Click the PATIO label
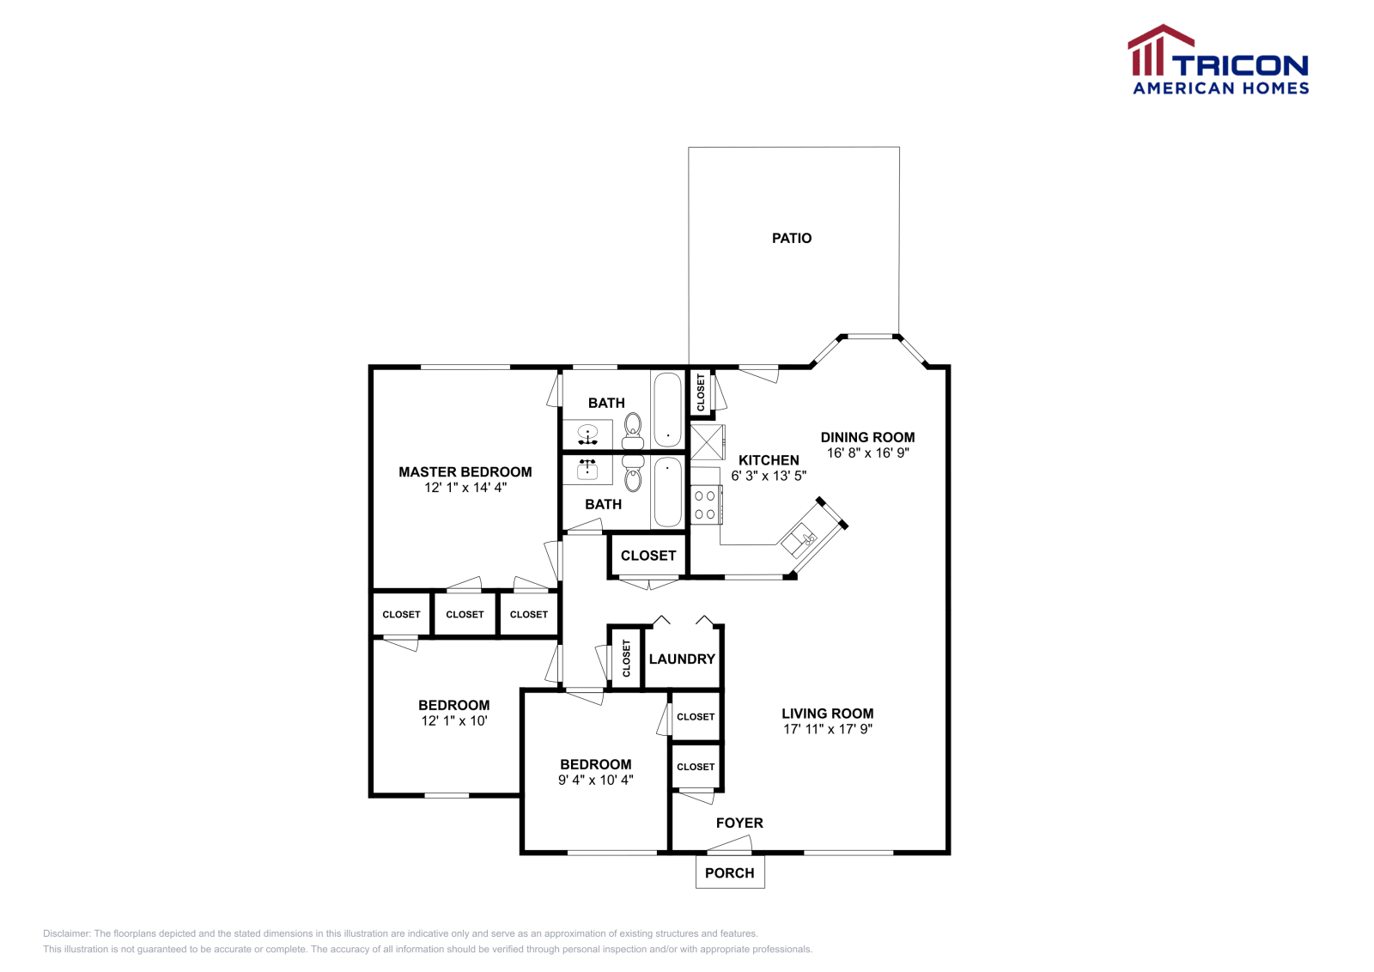(791, 238)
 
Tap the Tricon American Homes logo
(1218, 61)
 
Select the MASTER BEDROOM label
(465, 471)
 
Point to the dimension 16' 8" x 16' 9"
(867, 453)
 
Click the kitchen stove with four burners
(706, 505)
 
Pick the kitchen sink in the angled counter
(800, 539)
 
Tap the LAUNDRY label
(682, 659)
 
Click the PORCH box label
(729, 872)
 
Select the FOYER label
(739, 823)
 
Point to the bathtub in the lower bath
(667, 492)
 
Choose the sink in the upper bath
(587, 434)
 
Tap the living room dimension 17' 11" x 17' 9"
(827, 729)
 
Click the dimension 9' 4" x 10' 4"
(595, 780)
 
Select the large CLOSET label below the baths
(648, 556)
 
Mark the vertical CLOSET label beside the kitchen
(701, 392)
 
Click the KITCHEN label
(769, 460)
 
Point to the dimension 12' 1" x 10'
(453, 720)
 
